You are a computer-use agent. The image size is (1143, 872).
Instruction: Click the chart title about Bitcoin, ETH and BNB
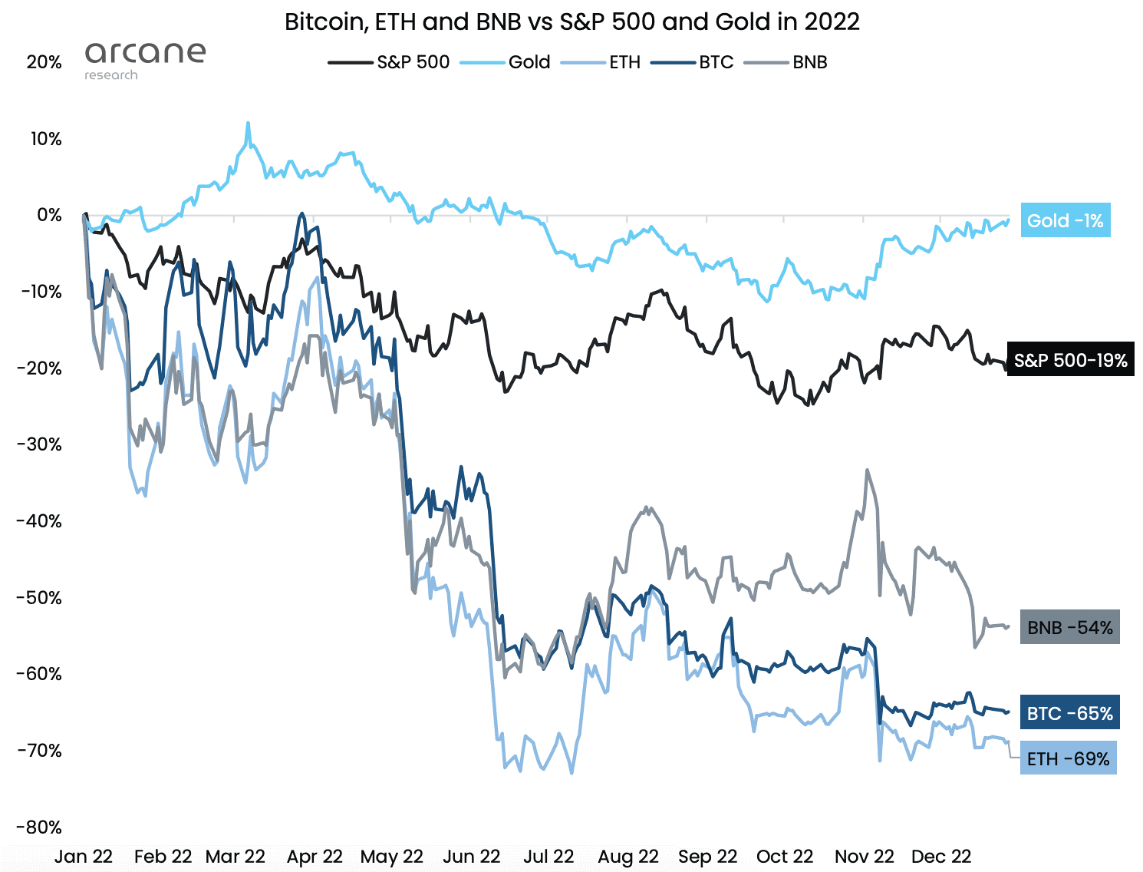click(x=571, y=21)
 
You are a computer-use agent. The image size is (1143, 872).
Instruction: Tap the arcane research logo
click(x=144, y=60)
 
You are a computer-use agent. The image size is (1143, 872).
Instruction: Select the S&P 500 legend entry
click(x=390, y=62)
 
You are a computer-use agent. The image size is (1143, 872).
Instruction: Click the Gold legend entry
click(x=506, y=62)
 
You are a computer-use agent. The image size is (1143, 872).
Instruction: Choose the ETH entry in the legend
click(x=601, y=62)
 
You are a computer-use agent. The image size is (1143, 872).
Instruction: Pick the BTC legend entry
click(x=693, y=62)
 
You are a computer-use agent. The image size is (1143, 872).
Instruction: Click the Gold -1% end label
click(x=1065, y=221)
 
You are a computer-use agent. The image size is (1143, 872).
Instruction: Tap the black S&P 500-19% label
click(x=1069, y=361)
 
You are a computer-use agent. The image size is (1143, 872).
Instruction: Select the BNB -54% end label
click(x=1069, y=627)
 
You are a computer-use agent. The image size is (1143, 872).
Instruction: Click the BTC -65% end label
click(x=1069, y=713)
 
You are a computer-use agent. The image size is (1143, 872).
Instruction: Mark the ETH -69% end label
click(x=1068, y=758)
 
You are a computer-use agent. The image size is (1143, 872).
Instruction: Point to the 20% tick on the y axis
click(x=44, y=62)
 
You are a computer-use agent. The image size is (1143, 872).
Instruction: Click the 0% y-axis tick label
click(x=49, y=215)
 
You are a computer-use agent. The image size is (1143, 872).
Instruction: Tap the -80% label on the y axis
click(x=40, y=827)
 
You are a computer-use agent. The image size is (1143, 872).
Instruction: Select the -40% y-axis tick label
click(x=40, y=521)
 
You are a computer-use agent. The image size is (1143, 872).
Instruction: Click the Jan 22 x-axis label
click(x=84, y=857)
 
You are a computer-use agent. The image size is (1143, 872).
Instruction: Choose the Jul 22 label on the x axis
click(x=548, y=857)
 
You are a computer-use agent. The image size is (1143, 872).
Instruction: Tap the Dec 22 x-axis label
click(x=941, y=857)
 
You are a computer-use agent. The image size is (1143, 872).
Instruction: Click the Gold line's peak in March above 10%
click(x=248, y=123)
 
